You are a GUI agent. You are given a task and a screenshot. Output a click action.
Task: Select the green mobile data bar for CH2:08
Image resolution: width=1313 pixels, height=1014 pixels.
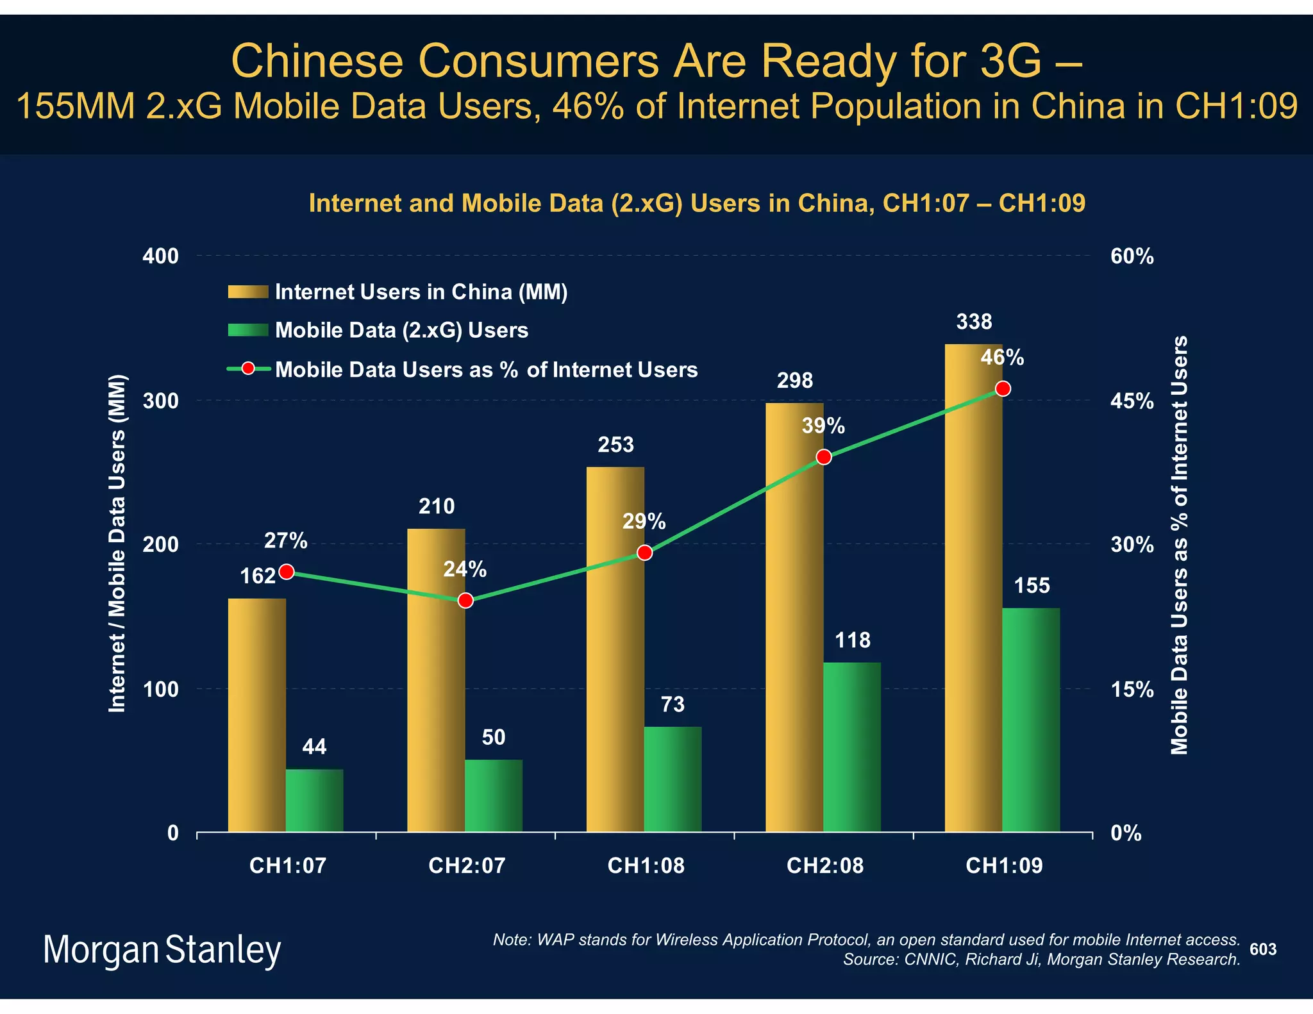[x=852, y=747]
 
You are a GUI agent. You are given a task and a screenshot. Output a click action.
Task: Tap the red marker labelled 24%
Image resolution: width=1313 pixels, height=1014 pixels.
[x=466, y=601]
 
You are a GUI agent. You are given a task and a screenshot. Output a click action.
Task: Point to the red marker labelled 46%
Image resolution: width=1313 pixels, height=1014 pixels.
[x=1003, y=389]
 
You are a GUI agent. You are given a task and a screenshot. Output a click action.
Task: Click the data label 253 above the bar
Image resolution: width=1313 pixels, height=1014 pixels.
[x=615, y=445]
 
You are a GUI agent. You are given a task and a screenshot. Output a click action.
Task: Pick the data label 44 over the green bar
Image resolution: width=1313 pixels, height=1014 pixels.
[x=314, y=747]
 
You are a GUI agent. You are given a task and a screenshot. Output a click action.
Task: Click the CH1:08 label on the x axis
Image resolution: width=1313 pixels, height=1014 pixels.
[x=646, y=866]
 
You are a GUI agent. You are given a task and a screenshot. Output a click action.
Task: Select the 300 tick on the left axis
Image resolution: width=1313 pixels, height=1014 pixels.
[x=160, y=401]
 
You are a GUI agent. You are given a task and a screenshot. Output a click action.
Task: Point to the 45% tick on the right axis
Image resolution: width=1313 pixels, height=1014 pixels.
[x=1132, y=401]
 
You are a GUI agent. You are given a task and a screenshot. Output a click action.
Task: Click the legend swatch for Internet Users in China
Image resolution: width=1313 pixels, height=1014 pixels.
[x=247, y=292]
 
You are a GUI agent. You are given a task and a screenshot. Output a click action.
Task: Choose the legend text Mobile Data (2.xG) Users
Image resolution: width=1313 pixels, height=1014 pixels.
[x=401, y=330]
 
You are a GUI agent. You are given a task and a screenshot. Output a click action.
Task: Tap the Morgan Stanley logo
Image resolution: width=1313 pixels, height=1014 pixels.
[x=162, y=949]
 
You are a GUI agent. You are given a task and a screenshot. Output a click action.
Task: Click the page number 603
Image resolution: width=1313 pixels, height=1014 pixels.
[x=1262, y=949]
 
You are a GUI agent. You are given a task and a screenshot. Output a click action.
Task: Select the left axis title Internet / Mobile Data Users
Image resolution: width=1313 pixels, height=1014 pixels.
[x=117, y=543]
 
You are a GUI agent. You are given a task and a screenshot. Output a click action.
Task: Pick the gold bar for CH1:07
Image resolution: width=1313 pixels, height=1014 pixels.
[x=256, y=715]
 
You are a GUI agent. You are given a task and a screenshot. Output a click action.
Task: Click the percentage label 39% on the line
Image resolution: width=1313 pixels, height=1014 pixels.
[x=823, y=426]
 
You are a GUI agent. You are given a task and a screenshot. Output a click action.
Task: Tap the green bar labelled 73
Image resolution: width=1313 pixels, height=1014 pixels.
[x=673, y=779]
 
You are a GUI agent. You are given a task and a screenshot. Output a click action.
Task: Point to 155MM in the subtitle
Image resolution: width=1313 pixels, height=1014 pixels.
[x=76, y=106]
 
